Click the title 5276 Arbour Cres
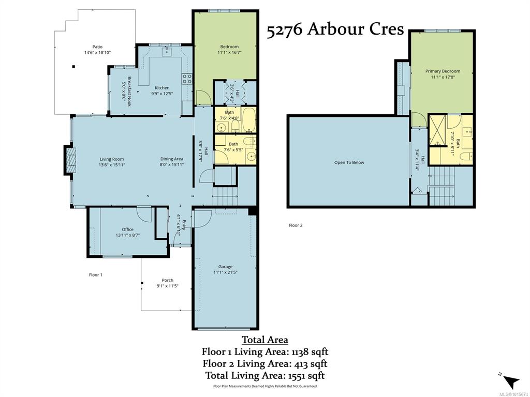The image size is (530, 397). pos(335,29)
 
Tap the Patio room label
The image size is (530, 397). pos(97,47)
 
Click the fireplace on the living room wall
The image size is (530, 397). pos(70,160)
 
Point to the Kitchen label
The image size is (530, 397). pos(162,88)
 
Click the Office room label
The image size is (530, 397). pos(127,229)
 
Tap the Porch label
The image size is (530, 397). pos(167,280)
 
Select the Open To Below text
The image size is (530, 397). pos(349,162)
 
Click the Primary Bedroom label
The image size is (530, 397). pos(443,71)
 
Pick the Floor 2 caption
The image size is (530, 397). pos(296,225)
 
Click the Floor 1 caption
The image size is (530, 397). pos(96,275)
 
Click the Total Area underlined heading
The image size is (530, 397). pos(264,340)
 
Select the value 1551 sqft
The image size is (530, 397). pos(306,375)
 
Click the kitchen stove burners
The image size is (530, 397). pos(187,79)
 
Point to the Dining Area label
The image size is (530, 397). pos(172,159)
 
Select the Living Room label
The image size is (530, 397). pos(112,159)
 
